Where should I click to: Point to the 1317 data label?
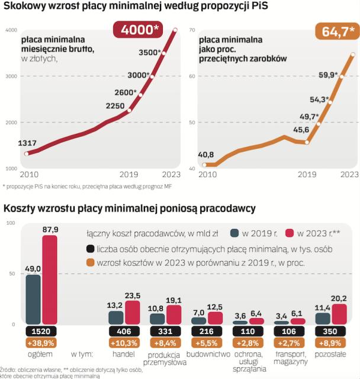click(x=28, y=143)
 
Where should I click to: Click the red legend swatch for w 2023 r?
click(x=289, y=233)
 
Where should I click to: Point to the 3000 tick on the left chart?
click(x=11, y=76)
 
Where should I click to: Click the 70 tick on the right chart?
click(x=191, y=30)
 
